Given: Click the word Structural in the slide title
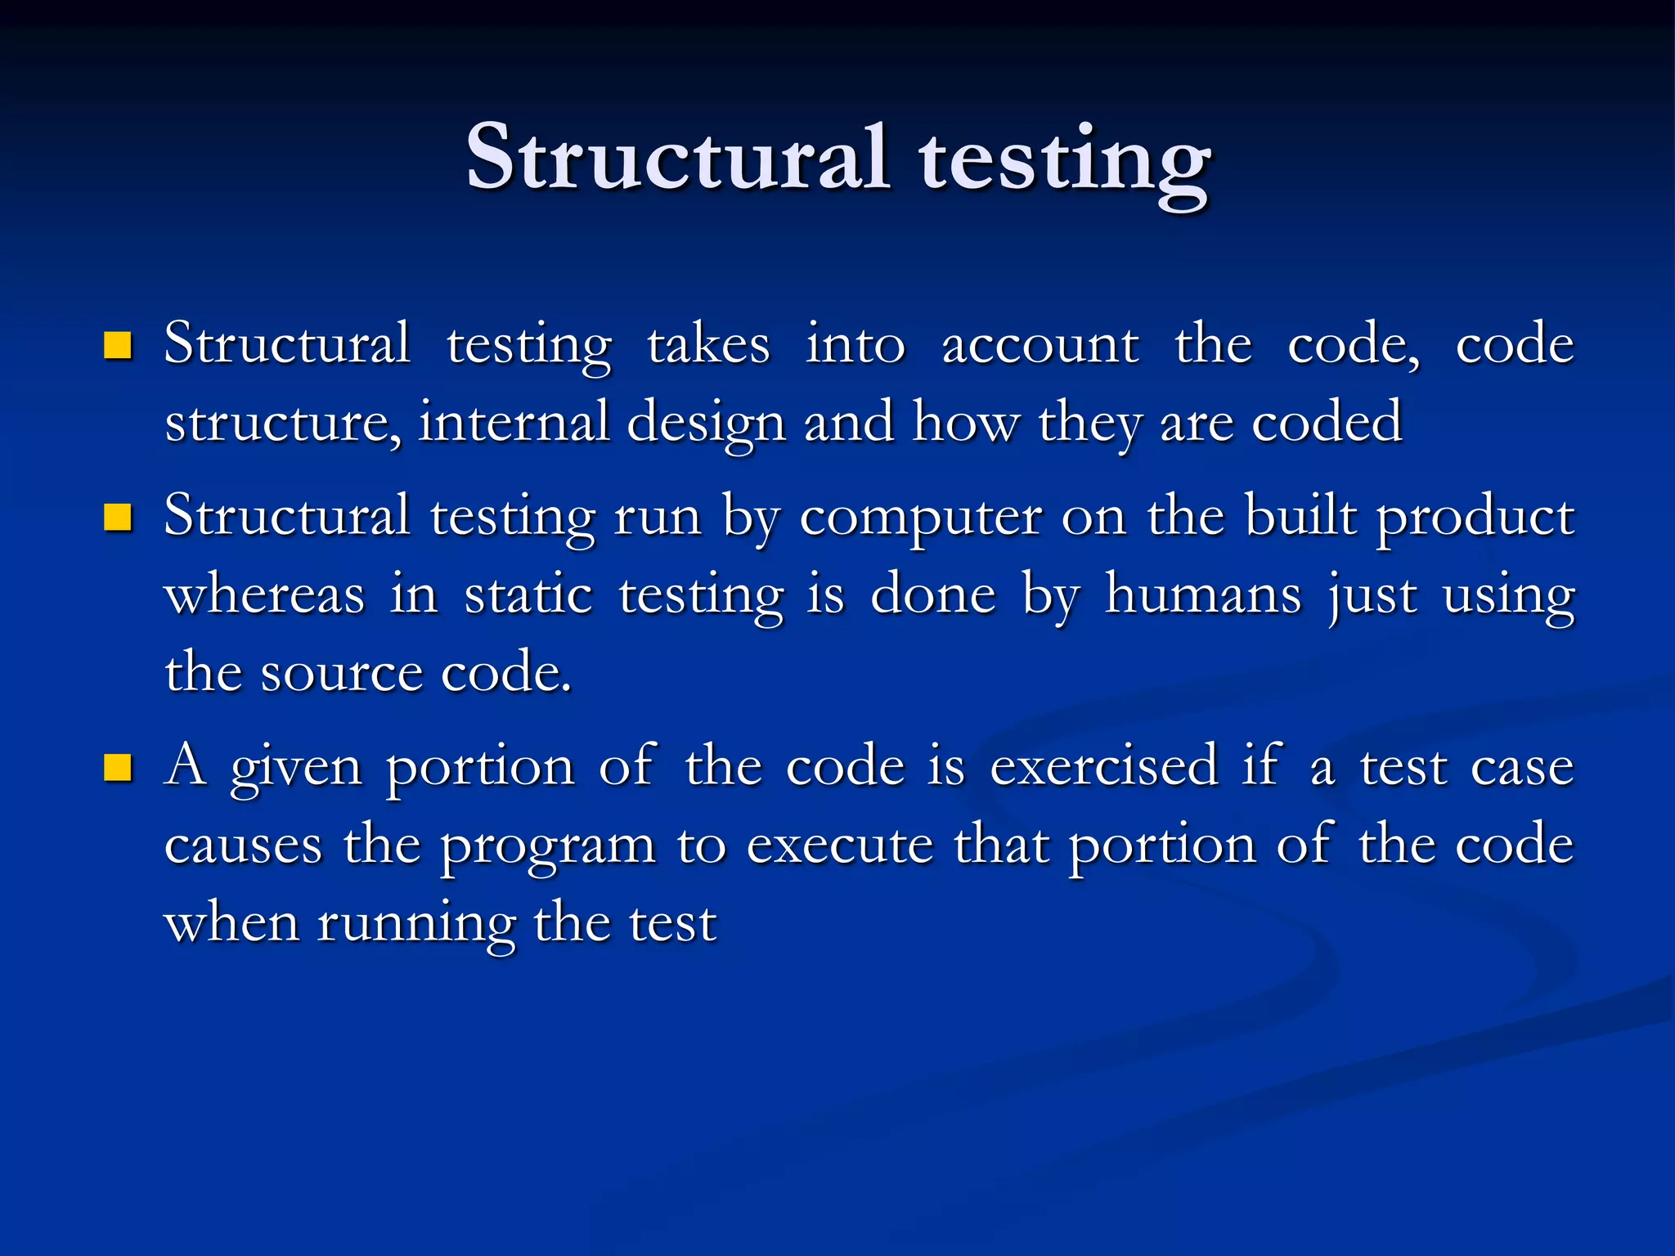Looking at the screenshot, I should point(677,157).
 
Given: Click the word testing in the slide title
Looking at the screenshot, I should point(1063,162).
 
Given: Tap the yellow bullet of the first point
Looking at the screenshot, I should point(119,346).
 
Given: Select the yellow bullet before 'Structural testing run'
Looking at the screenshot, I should point(119,518).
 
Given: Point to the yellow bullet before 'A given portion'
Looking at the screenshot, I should point(119,769).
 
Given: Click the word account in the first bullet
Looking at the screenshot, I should point(1040,345).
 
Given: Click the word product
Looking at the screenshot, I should point(1475,518).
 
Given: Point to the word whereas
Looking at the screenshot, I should point(264,595).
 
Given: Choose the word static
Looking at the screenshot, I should point(528,595).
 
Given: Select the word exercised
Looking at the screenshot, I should point(1104,768).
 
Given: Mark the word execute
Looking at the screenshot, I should point(840,846).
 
